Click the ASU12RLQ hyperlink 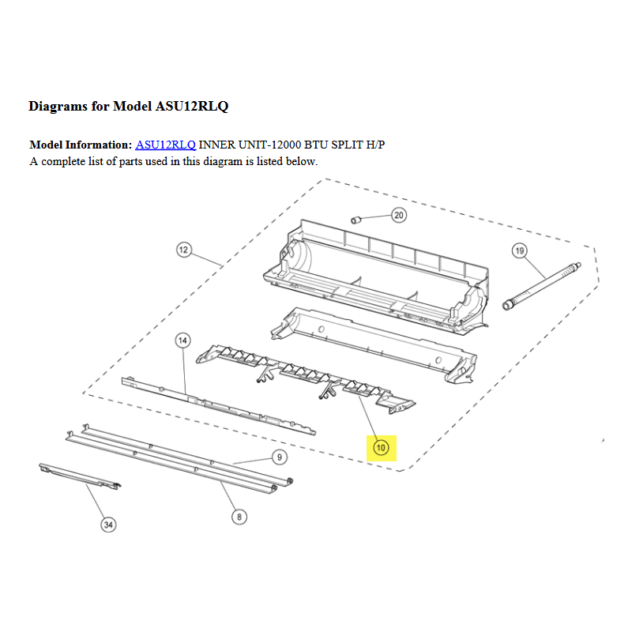165,145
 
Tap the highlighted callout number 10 381,447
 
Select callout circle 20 399,215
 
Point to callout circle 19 520,250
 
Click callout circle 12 184,250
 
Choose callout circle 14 182,340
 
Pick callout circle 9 280,457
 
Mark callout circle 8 239,517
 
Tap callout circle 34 108,525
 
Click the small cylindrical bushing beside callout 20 355,220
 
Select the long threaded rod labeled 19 542,286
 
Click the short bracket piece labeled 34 80,476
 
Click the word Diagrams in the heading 58,107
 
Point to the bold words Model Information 81,145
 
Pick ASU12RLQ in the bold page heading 192,107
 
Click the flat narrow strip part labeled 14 219,406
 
